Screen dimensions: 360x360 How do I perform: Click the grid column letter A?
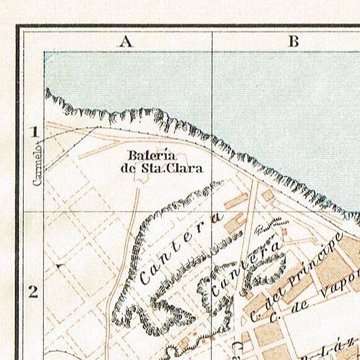(x=125, y=41)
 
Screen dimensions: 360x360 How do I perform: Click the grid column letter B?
(x=294, y=41)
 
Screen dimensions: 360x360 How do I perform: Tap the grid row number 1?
(x=35, y=132)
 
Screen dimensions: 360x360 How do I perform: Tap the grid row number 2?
(x=34, y=291)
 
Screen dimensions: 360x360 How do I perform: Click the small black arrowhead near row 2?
(x=60, y=267)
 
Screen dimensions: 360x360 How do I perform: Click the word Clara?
(x=189, y=167)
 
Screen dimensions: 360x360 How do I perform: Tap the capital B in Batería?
(x=133, y=155)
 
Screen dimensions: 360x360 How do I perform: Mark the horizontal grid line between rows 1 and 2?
(x=118, y=211)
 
